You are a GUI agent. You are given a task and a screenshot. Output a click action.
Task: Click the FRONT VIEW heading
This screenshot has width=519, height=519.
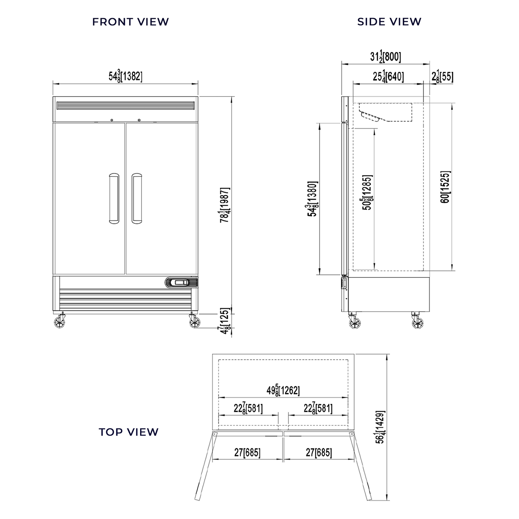[130, 22]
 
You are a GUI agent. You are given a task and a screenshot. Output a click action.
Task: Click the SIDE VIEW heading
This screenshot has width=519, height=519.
[389, 22]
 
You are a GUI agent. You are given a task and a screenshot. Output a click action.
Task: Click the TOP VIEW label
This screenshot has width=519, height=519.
[129, 432]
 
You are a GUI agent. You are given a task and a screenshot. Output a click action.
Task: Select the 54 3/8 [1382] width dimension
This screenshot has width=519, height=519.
[125, 76]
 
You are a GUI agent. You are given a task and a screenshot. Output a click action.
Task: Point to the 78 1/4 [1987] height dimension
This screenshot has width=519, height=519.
[225, 205]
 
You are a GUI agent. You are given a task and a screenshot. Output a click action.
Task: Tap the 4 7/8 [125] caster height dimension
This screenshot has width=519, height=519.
[225, 321]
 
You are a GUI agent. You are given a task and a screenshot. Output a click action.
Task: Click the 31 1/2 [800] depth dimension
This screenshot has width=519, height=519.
[385, 56]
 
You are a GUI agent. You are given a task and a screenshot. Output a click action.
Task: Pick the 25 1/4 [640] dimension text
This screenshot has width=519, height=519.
[388, 76]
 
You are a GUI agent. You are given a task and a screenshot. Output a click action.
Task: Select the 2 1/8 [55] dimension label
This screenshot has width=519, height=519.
[442, 76]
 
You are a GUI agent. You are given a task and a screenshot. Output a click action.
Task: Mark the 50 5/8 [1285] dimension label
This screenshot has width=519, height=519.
[367, 193]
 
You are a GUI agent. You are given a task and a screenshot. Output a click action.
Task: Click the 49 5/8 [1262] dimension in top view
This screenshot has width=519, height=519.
[283, 390]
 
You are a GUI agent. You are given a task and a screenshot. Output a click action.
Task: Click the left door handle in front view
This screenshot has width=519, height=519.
[113, 198]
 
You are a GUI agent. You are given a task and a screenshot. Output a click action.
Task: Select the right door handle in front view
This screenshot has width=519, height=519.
[137, 198]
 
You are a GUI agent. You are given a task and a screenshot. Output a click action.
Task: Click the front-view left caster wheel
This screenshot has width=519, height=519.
[60, 321]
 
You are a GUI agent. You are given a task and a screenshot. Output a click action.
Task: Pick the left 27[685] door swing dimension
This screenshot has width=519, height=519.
[247, 452]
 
